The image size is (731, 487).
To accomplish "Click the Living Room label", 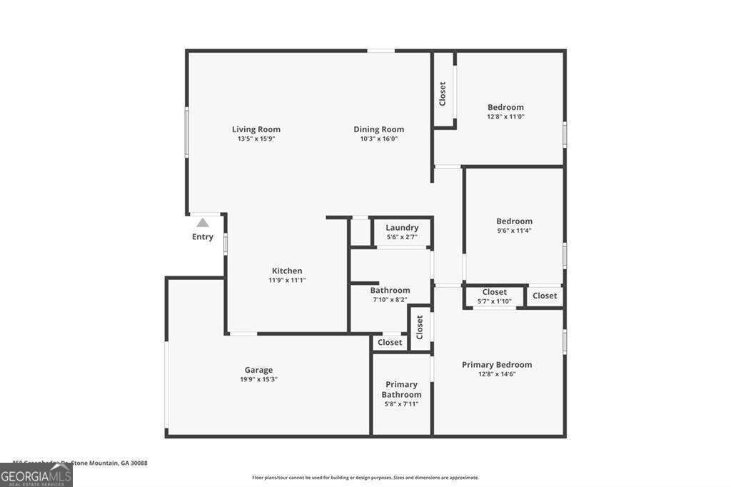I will tap(256, 129).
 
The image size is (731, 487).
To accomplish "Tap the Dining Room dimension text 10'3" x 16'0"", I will tap(379, 139).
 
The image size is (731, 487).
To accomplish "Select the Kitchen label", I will tap(287, 271).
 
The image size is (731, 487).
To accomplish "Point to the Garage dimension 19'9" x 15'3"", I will tap(258, 379).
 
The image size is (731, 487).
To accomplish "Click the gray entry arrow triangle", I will tap(203, 222).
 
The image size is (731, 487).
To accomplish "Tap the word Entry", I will tap(203, 237).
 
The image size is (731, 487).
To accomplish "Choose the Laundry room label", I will tap(402, 228).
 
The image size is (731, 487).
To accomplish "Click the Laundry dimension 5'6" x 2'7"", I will tap(402, 236).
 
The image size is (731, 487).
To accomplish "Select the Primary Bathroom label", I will tap(401, 389).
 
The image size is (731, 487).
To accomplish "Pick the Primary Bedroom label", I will tap(497, 365).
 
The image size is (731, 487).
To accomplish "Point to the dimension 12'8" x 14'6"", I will tap(497, 373).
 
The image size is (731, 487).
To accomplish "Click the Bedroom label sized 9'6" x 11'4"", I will tap(515, 221).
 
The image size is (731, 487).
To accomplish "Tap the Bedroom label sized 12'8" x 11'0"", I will tap(505, 107).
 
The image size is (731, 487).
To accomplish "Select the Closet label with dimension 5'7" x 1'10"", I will tap(495, 292).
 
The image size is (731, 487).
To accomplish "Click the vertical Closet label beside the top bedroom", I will tap(443, 94).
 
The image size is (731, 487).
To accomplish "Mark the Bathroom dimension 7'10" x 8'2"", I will tap(390, 300).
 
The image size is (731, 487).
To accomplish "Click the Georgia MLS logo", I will tap(36, 475).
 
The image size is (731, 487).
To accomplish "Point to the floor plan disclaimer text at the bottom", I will tap(365, 478).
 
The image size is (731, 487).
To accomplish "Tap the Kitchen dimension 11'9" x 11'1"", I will tap(287, 280).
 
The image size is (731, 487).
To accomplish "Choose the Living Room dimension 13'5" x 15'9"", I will tap(256, 139).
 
